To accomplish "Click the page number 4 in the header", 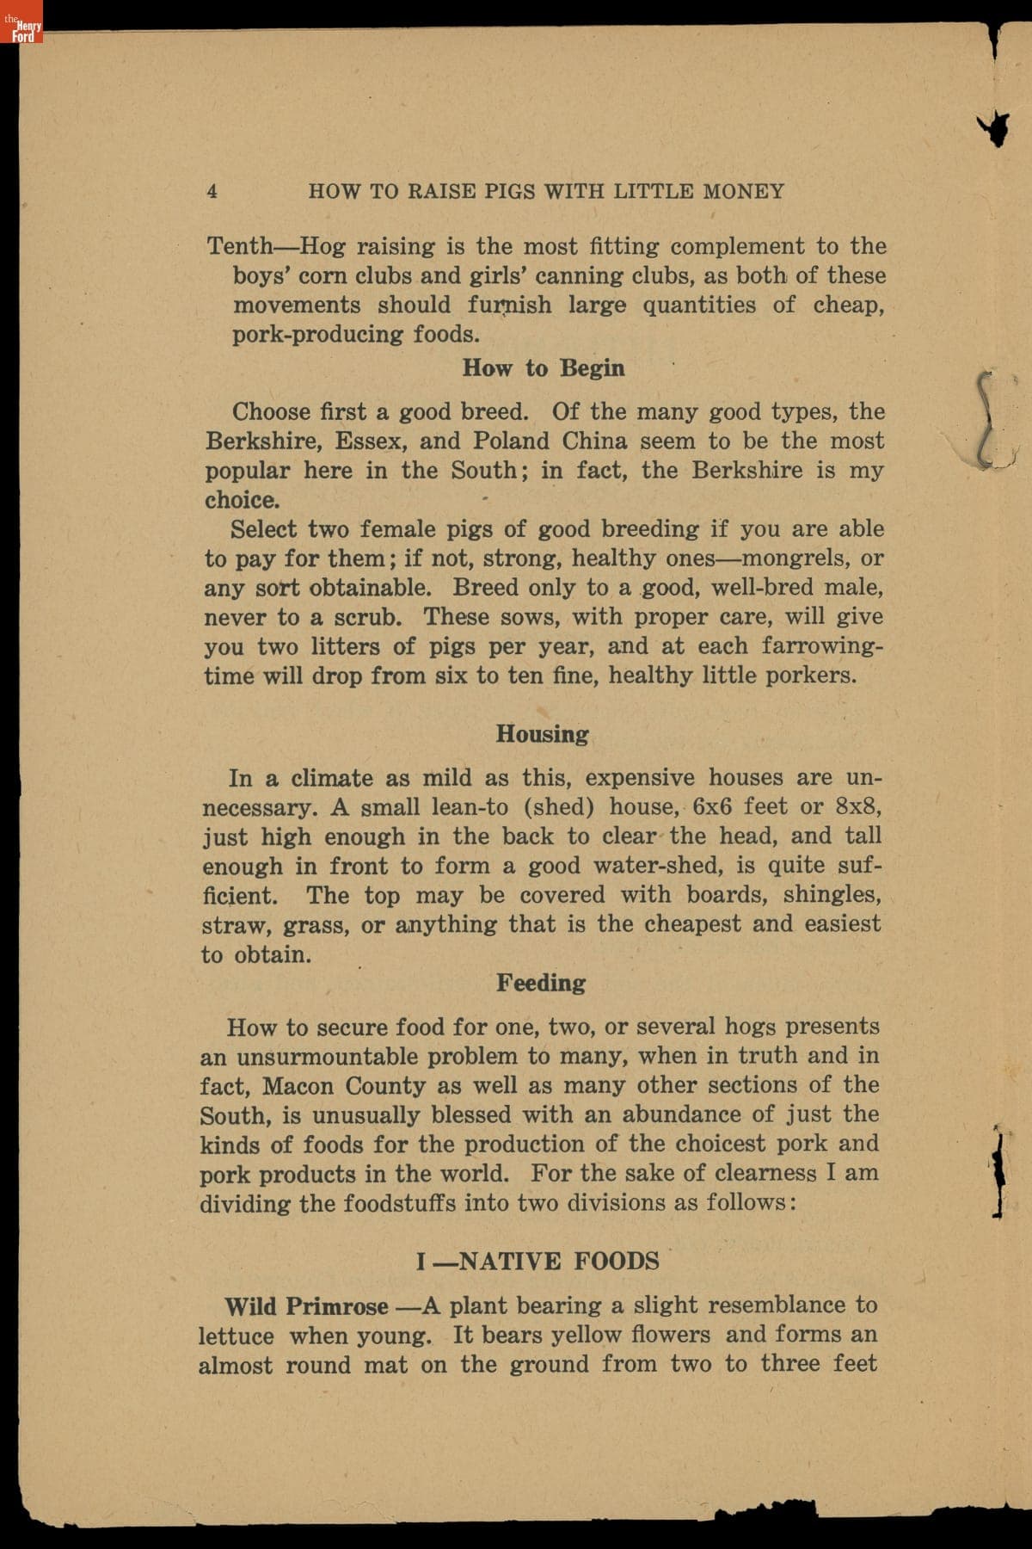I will tap(212, 191).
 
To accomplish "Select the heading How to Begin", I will tap(543, 368).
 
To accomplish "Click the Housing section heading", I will tap(542, 734).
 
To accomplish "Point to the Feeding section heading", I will tap(540, 983).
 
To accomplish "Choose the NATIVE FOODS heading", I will tap(559, 1262).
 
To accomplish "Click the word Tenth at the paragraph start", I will tap(240, 246).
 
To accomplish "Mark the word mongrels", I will tap(783, 559).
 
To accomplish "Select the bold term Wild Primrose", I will tap(306, 1306).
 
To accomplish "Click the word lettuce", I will tap(236, 1336).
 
